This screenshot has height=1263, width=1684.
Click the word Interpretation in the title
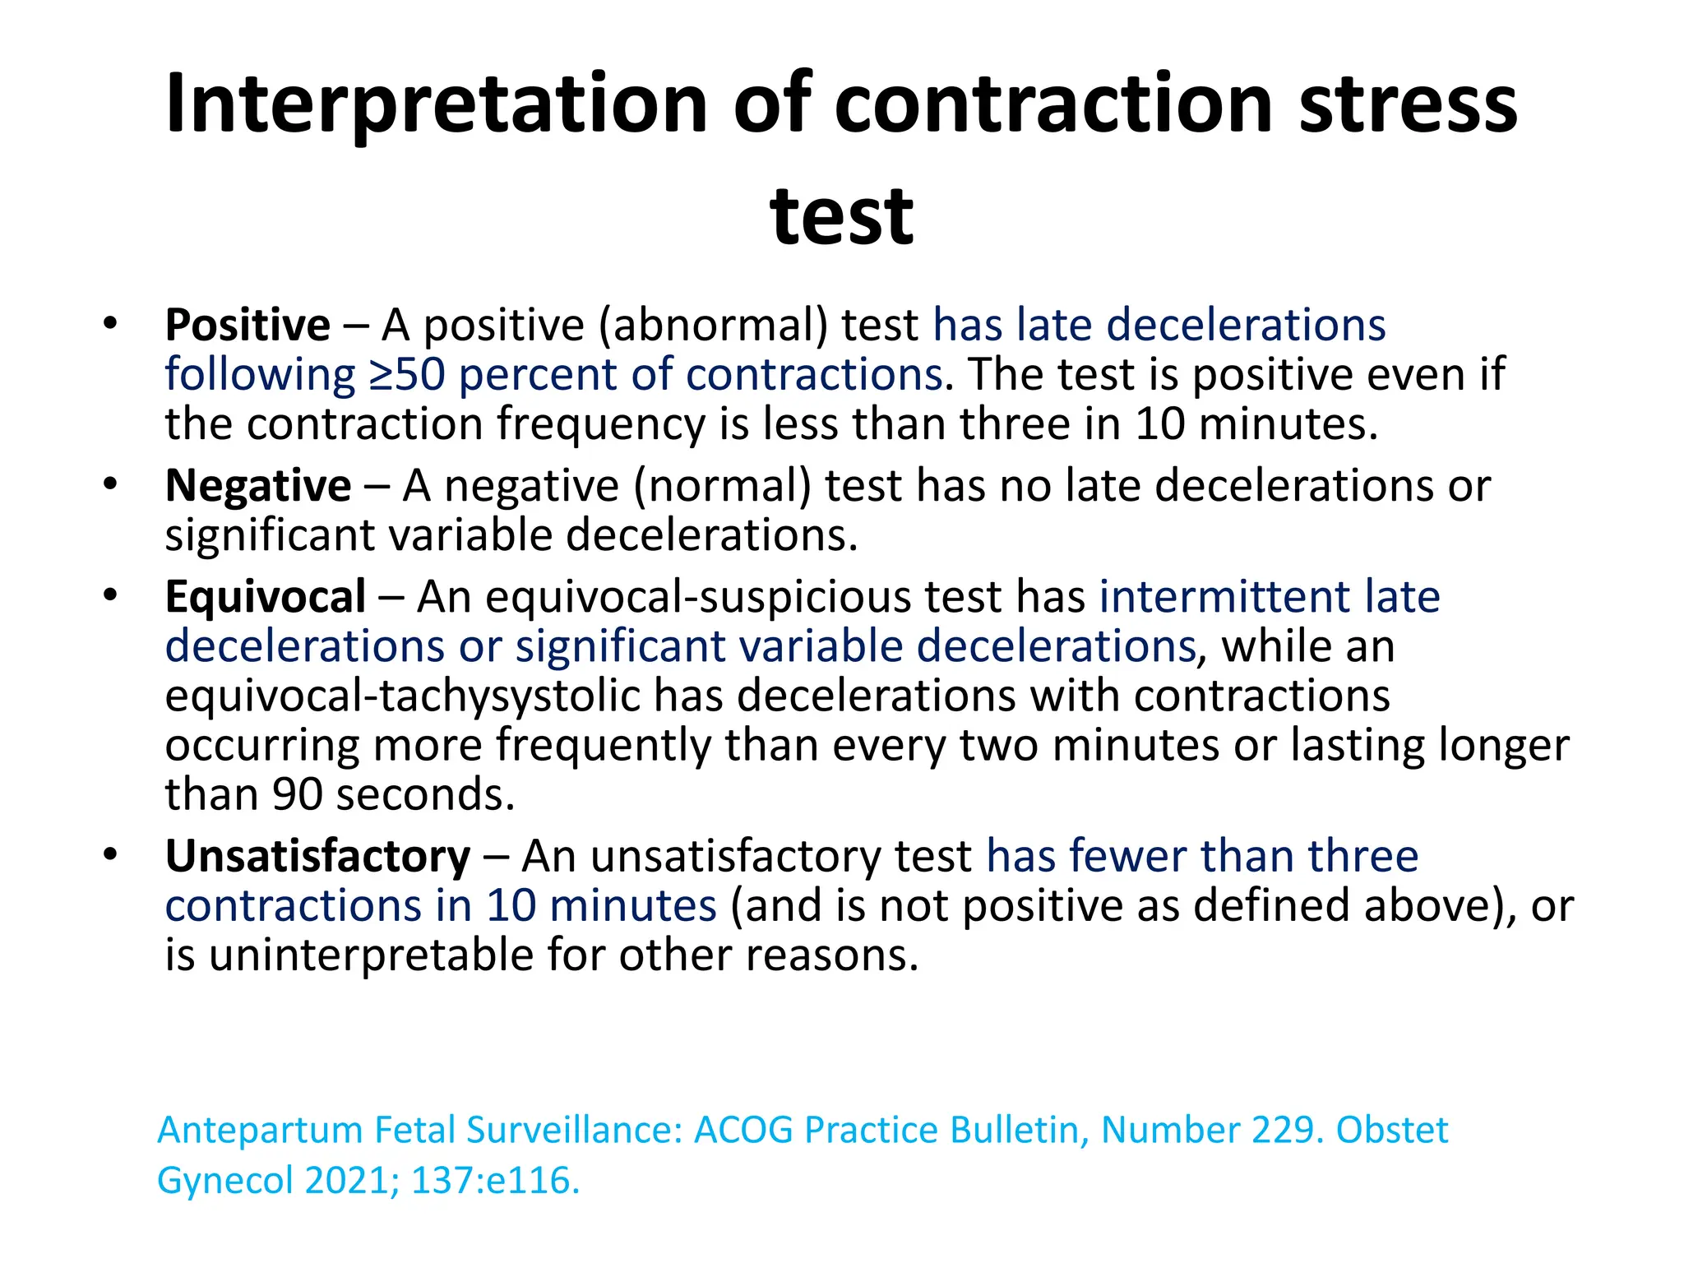coord(436,105)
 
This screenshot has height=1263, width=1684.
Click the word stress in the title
coord(1408,105)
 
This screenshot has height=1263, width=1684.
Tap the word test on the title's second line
coord(841,217)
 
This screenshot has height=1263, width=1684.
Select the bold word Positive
coord(248,325)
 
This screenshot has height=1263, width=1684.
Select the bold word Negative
coord(258,485)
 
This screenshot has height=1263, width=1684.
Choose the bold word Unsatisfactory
coord(317,856)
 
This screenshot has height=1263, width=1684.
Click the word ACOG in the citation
coord(743,1130)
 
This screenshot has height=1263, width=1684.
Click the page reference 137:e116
coord(495,1181)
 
